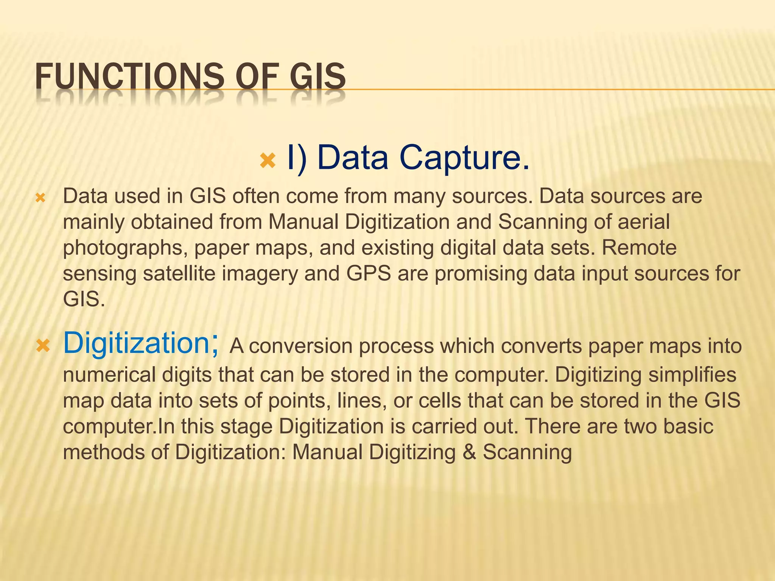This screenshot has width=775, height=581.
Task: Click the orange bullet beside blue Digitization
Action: pyautogui.click(x=43, y=345)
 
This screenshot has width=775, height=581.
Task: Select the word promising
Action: pyautogui.click(x=481, y=273)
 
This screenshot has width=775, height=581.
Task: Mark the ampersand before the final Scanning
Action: pyautogui.click(x=469, y=452)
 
